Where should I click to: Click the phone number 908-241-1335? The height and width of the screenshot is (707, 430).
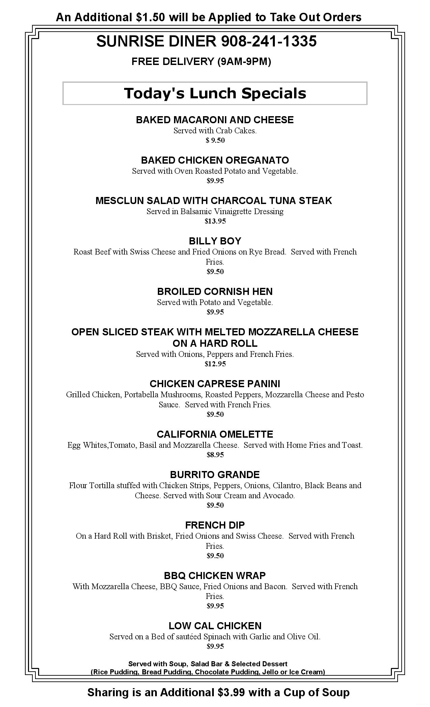click(269, 41)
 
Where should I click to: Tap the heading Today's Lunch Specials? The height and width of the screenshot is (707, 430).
click(215, 93)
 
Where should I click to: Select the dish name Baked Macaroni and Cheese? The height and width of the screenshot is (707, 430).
click(215, 120)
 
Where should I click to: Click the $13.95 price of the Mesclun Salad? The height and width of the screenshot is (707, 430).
click(215, 221)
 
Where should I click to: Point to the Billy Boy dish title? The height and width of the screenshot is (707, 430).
click(215, 241)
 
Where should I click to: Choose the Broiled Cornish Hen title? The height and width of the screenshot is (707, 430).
click(215, 292)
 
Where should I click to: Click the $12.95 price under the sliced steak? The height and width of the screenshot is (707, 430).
click(215, 364)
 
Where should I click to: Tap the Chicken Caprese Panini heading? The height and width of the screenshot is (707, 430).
click(215, 384)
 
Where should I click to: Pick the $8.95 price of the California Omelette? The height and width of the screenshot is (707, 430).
click(215, 455)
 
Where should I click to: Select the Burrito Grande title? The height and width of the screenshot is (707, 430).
click(215, 475)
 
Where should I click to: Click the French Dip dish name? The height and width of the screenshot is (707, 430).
click(215, 525)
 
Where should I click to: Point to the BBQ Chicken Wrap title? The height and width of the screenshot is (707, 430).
click(215, 575)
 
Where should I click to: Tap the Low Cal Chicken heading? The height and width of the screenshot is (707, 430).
click(215, 626)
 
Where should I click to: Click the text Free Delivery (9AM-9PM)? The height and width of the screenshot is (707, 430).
click(201, 62)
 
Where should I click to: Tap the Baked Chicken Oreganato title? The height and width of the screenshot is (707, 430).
click(215, 160)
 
